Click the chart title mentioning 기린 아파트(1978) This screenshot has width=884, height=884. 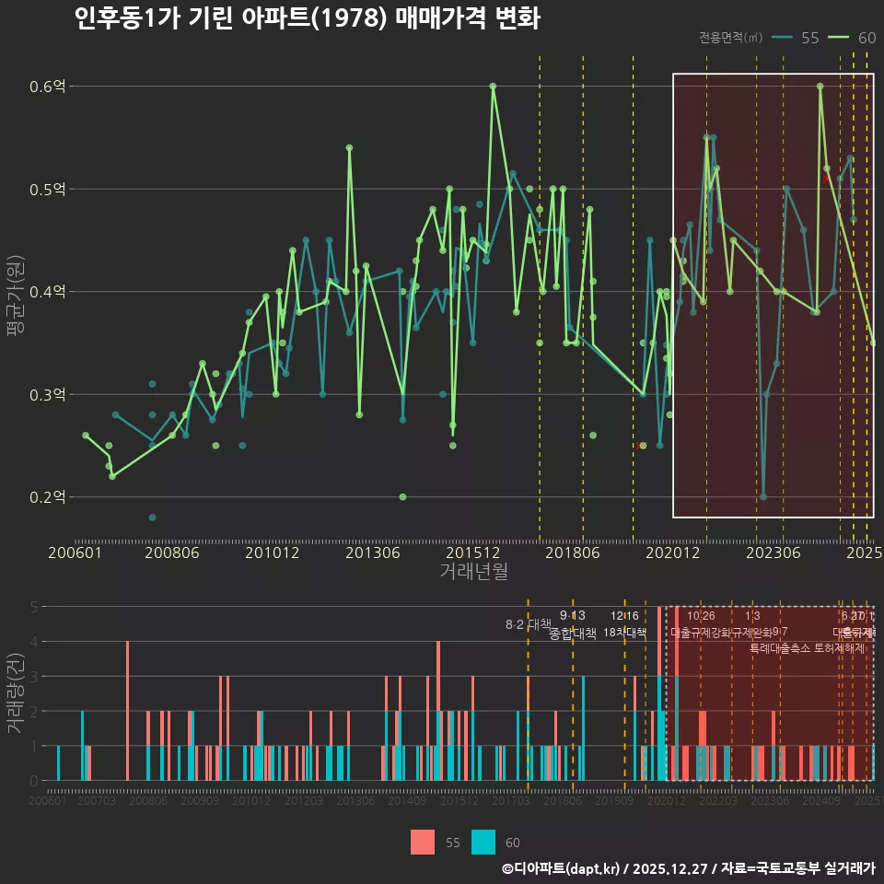pyautogui.click(x=307, y=18)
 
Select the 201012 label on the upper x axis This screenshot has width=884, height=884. pyautogui.click(x=272, y=553)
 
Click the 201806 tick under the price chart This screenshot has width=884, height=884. pyautogui.click(x=571, y=553)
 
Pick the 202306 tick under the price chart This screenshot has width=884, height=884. pyautogui.click(x=772, y=553)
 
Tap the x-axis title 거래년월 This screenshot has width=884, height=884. pyautogui.click(x=473, y=572)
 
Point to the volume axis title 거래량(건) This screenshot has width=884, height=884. pyautogui.click(x=16, y=692)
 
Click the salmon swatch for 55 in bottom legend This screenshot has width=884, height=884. pyautogui.click(x=423, y=842)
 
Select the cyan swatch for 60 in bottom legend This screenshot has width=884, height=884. pyautogui.click(x=483, y=842)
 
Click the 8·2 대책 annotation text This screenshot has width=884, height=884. pyautogui.click(x=529, y=624)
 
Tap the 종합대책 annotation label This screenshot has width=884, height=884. pyautogui.click(x=573, y=634)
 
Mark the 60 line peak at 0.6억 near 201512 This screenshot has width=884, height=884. pyautogui.click(x=493, y=86)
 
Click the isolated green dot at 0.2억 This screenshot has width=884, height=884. pyautogui.click(x=402, y=497)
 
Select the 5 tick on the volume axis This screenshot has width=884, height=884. pyautogui.click(x=34, y=607)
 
